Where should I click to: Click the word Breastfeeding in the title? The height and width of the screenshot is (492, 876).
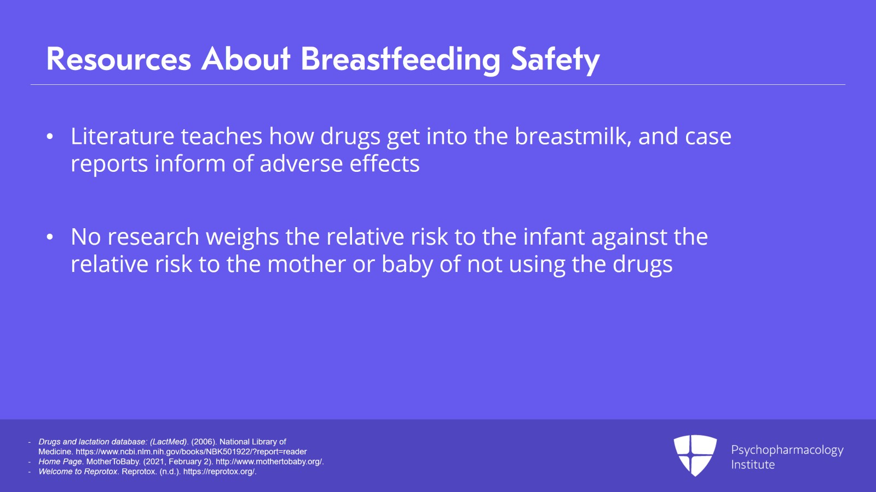tap(400, 59)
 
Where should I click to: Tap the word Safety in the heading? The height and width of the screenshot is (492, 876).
tap(555, 59)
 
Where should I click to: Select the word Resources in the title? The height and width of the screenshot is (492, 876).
tap(119, 59)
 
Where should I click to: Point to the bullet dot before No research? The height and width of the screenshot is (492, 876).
tap(50, 237)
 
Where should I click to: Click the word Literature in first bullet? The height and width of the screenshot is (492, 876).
tap(122, 136)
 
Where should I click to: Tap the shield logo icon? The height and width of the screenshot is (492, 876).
tap(695, 455)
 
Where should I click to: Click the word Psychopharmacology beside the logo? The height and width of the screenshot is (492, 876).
tap(787, 450)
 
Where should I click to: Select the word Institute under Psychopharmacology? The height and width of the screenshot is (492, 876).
tap(753, 465)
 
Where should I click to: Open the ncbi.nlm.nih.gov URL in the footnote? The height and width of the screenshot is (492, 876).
tap(191, 452)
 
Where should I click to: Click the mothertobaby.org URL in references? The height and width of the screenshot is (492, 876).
tap(269, 461)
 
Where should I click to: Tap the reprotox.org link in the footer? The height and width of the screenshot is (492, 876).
tap(220, 471)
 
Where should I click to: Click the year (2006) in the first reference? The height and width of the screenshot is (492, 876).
tap(203, 442)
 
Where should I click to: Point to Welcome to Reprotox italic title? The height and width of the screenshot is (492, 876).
tap(78, 471)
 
